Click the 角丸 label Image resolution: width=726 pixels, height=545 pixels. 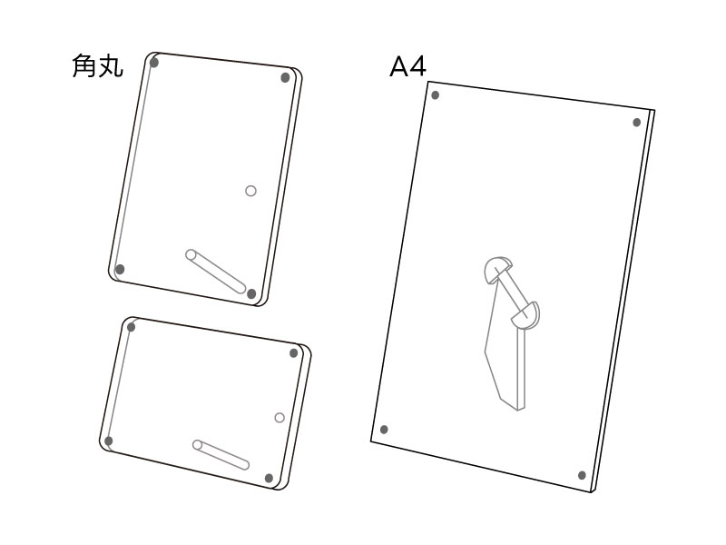(x=98, y=65)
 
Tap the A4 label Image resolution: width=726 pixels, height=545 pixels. (x=407, y=66)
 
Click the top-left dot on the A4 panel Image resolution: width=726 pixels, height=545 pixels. (x=436, y=95)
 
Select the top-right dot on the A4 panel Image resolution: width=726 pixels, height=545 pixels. (x=637, y=123)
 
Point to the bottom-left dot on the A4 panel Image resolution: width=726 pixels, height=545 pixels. (x=384, y=430)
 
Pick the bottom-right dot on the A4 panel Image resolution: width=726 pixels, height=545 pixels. (x=582, y=475)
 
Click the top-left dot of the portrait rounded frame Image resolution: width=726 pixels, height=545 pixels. (x=154, y=62)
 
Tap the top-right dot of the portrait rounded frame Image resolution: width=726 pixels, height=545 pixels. (x=286, y=77)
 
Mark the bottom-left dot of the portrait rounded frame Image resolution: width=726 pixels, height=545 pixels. (x=120, y=269)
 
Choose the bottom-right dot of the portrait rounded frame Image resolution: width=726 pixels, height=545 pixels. (x=251, y=293)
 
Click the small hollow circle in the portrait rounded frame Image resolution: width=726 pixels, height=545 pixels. (x=250, y=191)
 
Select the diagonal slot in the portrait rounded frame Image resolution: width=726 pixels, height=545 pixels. (x=216, y=271)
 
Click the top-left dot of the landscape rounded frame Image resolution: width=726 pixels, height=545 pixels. (x=131, y=327)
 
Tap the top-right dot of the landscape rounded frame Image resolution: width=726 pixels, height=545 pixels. (x=293, y=353)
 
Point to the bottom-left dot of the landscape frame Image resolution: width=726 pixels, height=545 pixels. (x=109, y=441)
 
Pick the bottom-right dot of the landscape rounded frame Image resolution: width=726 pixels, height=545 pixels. (x=269, y=479)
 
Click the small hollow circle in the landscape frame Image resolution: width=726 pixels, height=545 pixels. (x=280, y=418)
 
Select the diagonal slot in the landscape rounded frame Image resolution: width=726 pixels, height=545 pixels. (x=221, y=455)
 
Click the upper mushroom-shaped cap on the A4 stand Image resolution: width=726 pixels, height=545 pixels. (x=496, y=268)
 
